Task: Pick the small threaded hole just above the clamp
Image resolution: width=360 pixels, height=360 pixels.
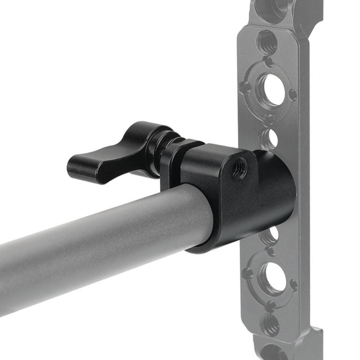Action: point(269,138)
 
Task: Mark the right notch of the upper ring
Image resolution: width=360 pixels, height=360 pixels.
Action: point(292,95)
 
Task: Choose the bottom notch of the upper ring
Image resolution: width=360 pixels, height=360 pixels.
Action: point(269,120)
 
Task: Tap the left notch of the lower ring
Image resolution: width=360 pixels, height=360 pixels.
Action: point(248,272)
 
